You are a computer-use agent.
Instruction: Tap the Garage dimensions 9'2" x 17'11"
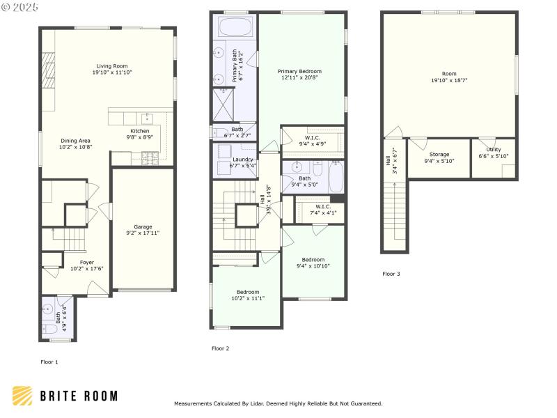click(x=143, y=233)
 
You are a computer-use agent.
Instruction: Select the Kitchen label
click(x=140, y=131)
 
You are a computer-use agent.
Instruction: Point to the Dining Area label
click(x=74, y=140)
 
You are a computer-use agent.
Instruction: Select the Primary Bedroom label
click(x=299, y=71)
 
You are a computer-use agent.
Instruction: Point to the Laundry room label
click(x=242, y=160)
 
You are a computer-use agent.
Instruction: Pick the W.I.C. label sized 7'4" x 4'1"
click(x=322, y=206)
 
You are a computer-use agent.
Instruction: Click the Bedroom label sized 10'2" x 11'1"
click(x=247, y=291)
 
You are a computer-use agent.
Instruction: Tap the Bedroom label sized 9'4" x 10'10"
click(x=313, y=259)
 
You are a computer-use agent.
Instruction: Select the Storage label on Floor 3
click(x=439, y=154)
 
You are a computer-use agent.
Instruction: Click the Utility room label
click(x=493, y=149)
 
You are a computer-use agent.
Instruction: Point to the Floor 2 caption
click(x=220, y=348)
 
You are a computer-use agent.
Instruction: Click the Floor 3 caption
click(x=391, y=274)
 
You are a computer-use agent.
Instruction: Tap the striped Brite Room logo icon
click(x=22, y=396)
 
